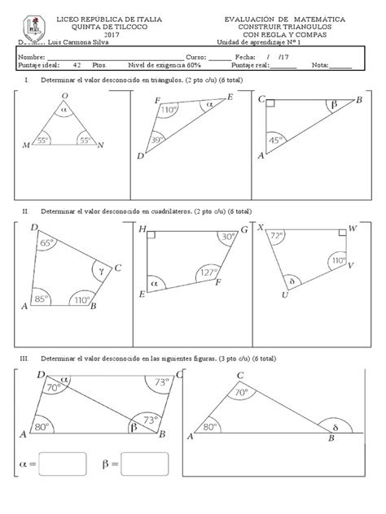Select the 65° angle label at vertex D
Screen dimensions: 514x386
pyautogui.click(x=47, y=242)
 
